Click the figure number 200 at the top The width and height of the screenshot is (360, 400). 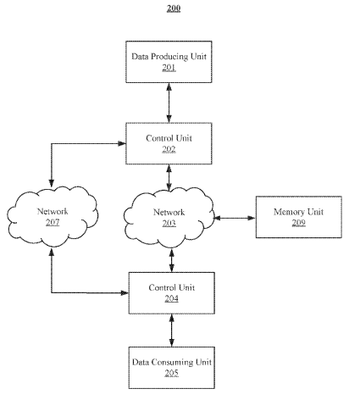[174, 8]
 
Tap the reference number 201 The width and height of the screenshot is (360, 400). [169, 68]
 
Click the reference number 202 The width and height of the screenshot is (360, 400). [169, 149]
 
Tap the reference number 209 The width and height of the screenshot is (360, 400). [299, 223]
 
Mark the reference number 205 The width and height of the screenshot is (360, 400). [172, 373]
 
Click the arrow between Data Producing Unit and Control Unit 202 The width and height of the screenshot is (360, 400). [169, 103]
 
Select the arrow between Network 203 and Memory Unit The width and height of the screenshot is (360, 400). [235, 218]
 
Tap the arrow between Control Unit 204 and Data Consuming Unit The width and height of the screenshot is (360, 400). [172, 331]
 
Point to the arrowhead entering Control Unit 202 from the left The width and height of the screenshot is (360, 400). [122, 143]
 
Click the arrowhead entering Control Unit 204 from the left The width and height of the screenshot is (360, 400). [125, 292]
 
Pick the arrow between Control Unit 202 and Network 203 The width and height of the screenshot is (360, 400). [169, 178]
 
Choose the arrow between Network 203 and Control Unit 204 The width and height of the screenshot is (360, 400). [172, 260]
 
